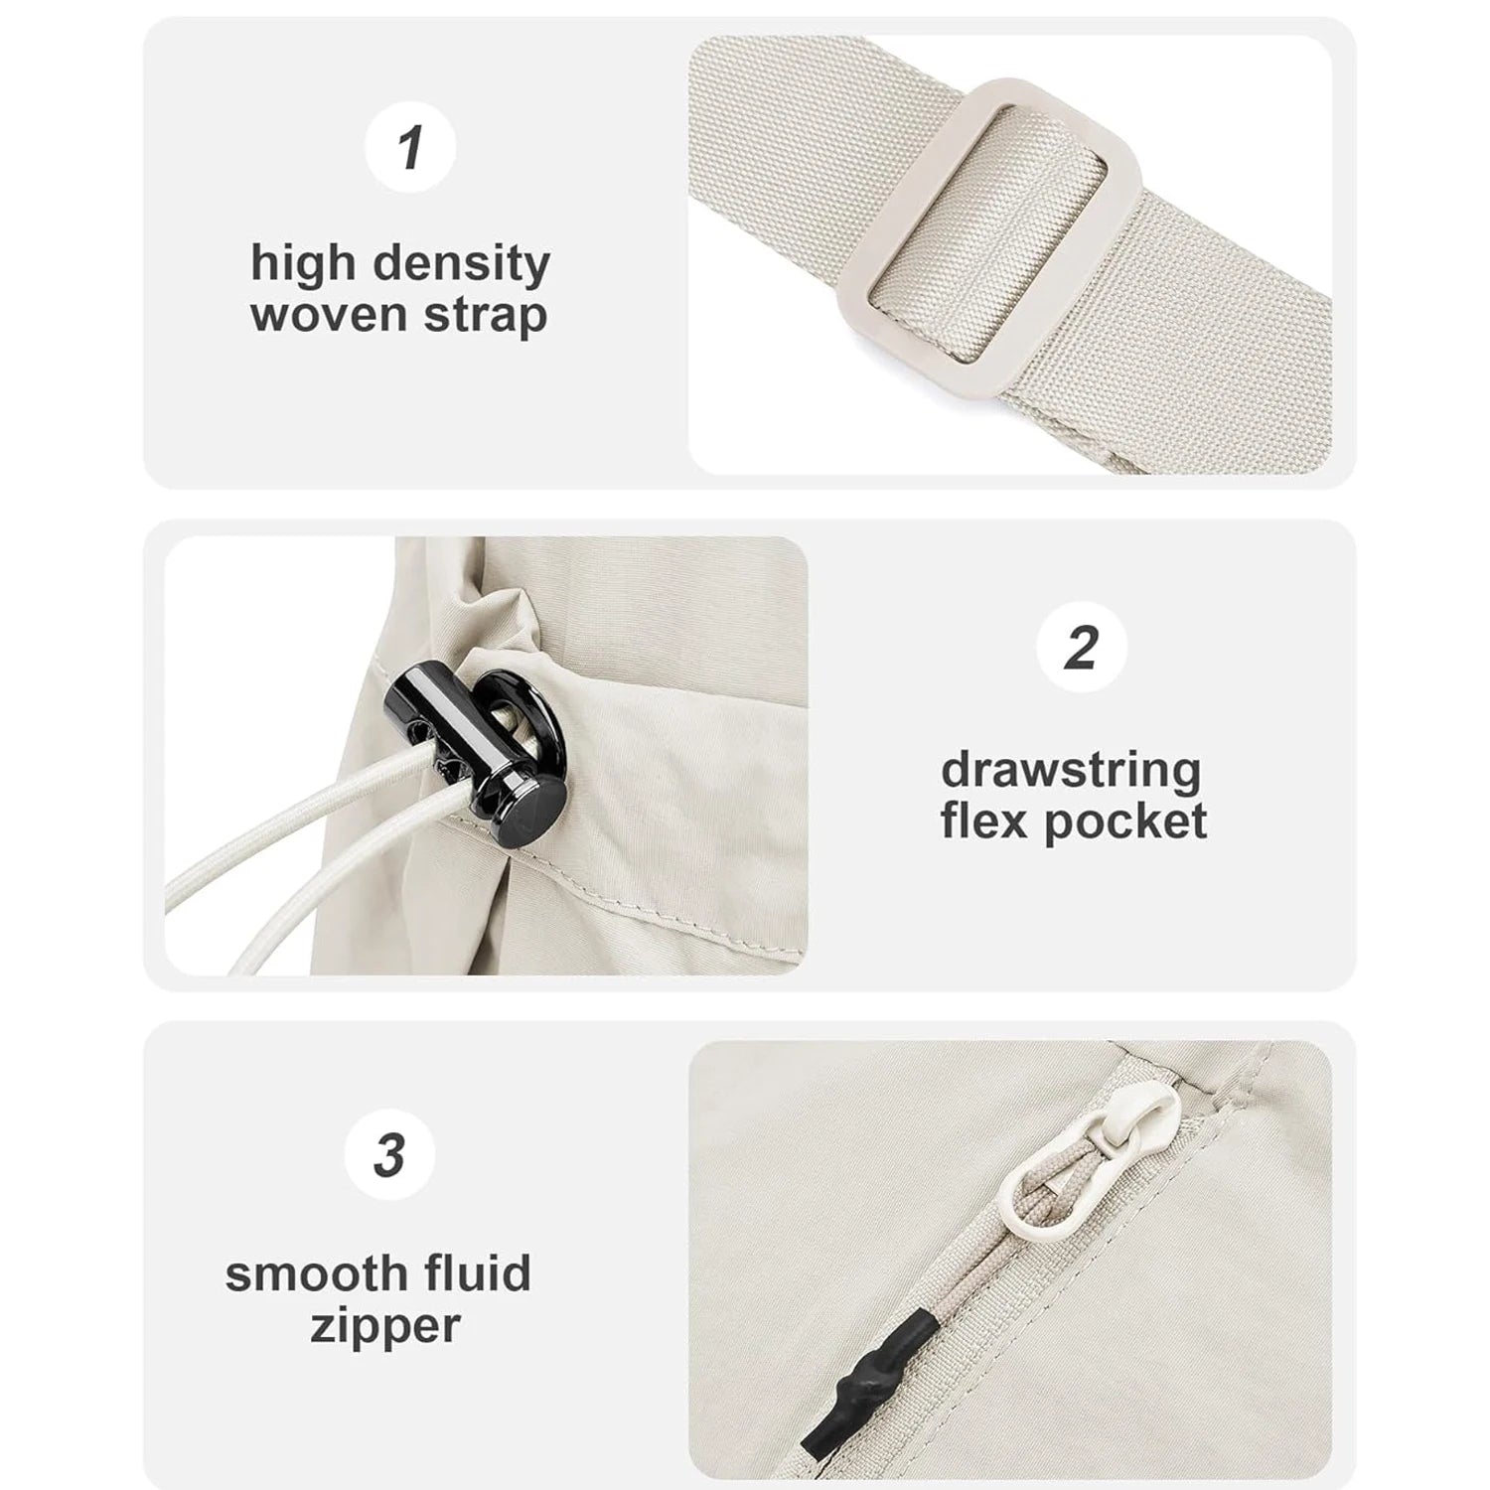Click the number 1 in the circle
[410, 147]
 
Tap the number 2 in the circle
[1081, 648]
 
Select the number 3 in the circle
[389, 1155]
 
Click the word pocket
[1124, 823]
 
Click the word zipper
[384, 1327]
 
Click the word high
[302, 265]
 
